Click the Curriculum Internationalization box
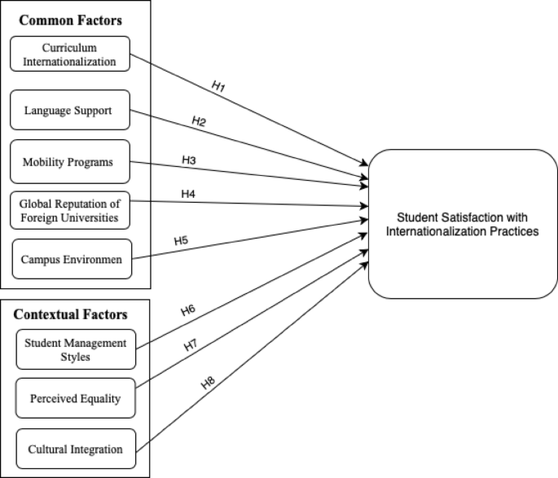click(x=69, y=54)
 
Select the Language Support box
click(x=69, y=109)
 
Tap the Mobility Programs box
click(x=69, y=161)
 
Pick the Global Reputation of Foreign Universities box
click(x=69, y=211)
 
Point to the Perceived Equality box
click(x=75, y=399)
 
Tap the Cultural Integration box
click(x=75, y=449)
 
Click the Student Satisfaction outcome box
click(x=464, y=224)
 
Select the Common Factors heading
click(x=59, y=19)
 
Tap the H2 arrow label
click(x=199, y=121)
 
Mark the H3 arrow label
click(x=189, y=160)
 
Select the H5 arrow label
click(x=181, y=240)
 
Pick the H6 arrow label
click(x=188, y=310)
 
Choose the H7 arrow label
click(x=191, y=345)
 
